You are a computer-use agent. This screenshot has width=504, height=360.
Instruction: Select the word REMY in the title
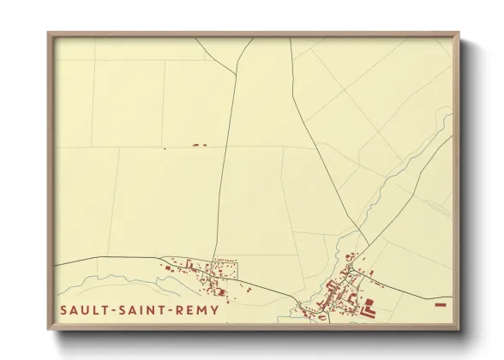point(195,309)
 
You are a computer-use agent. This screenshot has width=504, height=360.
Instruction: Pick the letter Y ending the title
point(213,309)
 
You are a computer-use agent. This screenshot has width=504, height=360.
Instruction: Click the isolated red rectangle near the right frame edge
point(441,303)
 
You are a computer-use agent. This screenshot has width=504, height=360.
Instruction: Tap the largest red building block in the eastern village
point(369,307)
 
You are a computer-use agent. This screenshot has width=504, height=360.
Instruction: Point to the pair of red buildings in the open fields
point(200,146)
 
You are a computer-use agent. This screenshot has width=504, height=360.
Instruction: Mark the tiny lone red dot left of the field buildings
point(164,148)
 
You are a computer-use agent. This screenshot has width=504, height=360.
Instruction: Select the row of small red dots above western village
point(224,260)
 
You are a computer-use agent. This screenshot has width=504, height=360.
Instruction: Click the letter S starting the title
point(65,309)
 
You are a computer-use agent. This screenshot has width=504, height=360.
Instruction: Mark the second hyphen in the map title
point(171,309)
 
